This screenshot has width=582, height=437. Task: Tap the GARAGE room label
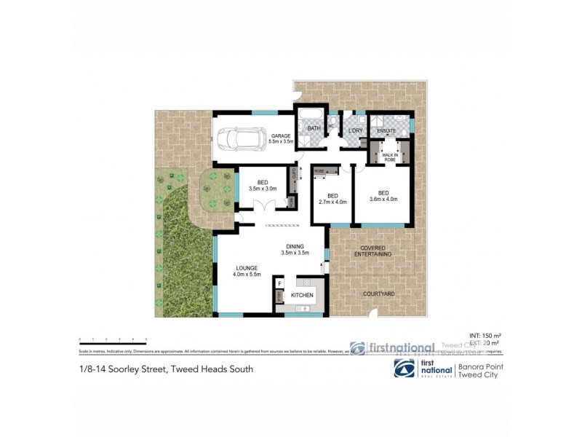pos(281,136)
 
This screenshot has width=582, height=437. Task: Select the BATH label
pos(314,129)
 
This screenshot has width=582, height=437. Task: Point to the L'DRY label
pos(355,130)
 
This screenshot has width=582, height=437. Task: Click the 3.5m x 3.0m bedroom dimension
pos(263,189)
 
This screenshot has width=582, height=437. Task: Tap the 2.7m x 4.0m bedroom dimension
pos(332,202)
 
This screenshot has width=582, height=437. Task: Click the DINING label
pos(295,245)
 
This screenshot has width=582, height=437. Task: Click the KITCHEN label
pos(302,295)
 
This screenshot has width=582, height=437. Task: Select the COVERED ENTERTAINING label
pos(372,251)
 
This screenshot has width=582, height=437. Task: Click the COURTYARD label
pos(380,293)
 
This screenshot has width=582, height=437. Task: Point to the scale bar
pos(113,339)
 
